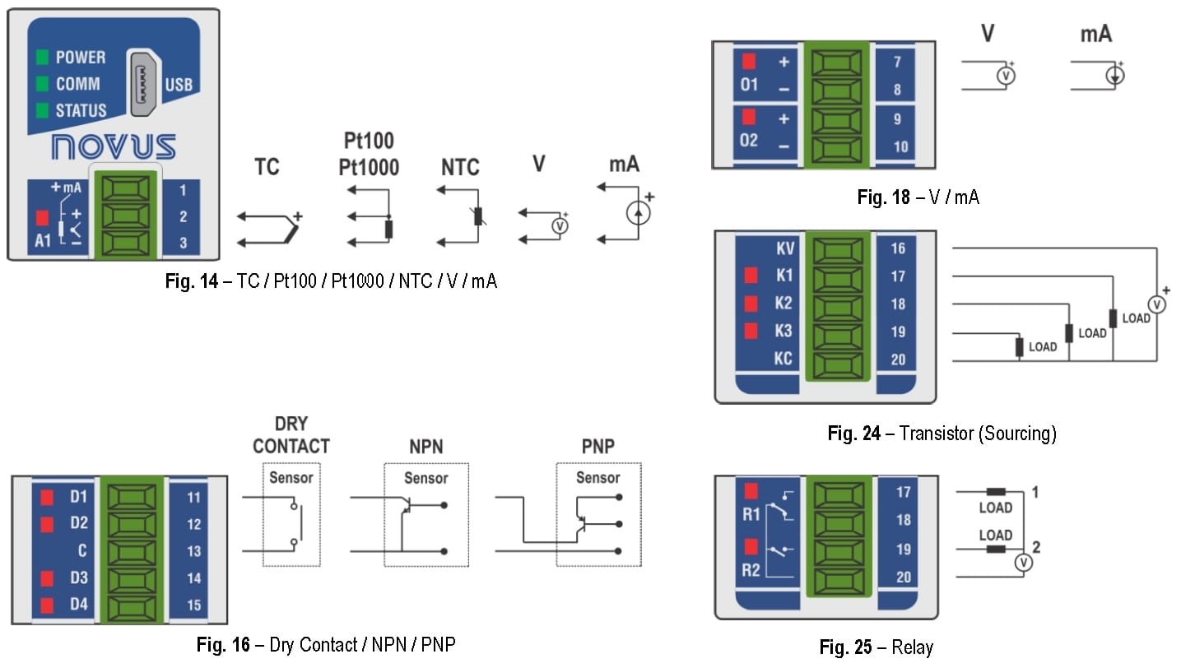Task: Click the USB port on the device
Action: (x=143, y=84)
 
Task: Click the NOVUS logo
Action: (x=114, y=147)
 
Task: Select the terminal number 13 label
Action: (x=193, y=550)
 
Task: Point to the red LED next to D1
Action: (x=48, y=497)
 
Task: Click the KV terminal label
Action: (x=783, y=248)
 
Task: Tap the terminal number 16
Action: (x=898, y=248)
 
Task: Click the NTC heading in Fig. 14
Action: (x=459, y=168)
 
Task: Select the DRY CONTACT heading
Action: (x=291, y=435)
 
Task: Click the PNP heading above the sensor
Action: (x=597, y=447)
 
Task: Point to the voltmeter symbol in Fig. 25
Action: (x=1021, y=563)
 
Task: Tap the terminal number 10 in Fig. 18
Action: (x=900, y=146)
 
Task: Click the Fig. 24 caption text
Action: (x=942, y=433)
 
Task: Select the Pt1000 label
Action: (x=369, y=168)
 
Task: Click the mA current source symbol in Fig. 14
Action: (x=638, y=213)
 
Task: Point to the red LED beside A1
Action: (x=43, y=219)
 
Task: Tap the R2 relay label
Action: (x=750, y=570)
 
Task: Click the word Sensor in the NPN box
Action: (x=425, y=478)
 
